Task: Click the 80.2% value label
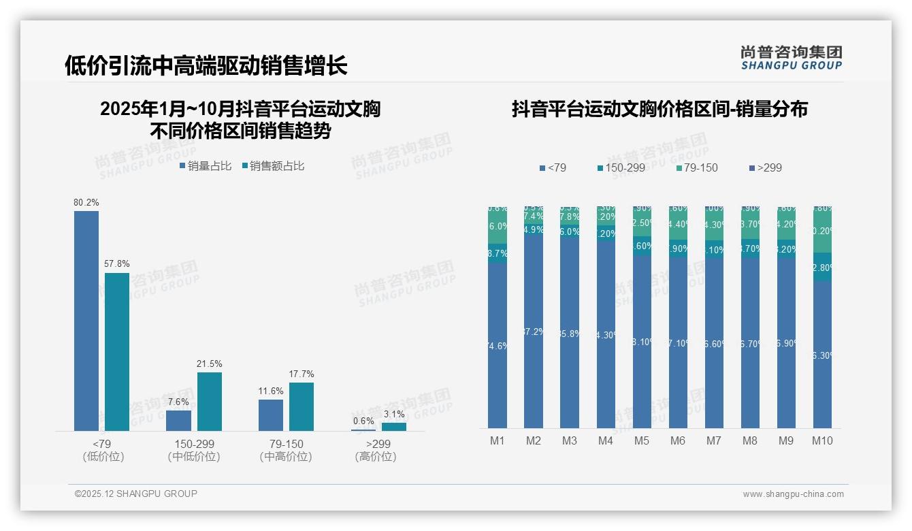tap(86, 202)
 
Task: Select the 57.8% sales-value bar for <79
tap(117, 351)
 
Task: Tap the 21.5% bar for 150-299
tap(210, 401)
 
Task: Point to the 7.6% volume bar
tap(178, 420)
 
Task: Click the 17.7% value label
tap(302, 374)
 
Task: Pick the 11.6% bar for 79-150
tap(271, 415)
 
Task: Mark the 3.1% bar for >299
tap(393, 426)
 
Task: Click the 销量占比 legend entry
tap(206, 165)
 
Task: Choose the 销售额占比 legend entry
tap(274, 165)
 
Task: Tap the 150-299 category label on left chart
tap(194, 444)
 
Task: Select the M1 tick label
tap(498, 440)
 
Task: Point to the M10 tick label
tap(822, 440)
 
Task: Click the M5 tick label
tap(642, 440)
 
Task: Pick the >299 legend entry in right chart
tap(766, 167)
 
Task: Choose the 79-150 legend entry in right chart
tap(698, 167)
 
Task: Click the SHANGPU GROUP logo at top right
tap(792, 58)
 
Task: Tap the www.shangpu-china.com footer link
tap(793, 494)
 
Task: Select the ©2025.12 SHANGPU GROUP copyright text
tap(136, 494)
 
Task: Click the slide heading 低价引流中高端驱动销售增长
tap(206, 66)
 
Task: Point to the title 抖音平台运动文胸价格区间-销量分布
tap(659, 109)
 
